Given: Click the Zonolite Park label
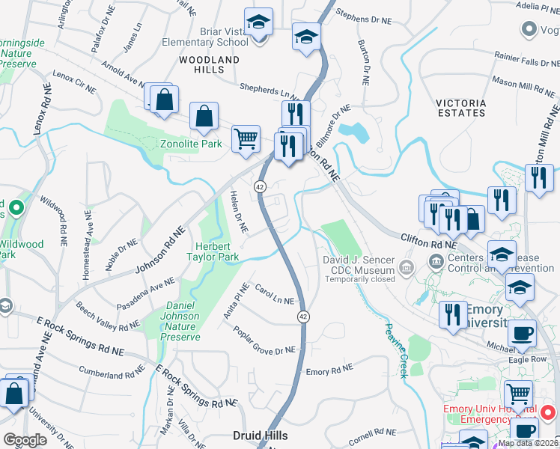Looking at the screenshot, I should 191,144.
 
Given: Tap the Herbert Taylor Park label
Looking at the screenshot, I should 217,251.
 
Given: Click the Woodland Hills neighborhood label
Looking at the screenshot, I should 210,64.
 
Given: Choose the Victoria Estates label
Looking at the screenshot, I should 461,108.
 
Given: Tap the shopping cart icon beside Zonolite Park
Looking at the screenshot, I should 246,138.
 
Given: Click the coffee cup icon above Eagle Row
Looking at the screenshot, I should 523,332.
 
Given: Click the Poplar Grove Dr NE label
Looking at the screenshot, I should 264,340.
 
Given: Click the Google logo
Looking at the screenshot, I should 25,440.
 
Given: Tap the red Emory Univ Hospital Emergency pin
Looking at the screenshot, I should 547,412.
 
